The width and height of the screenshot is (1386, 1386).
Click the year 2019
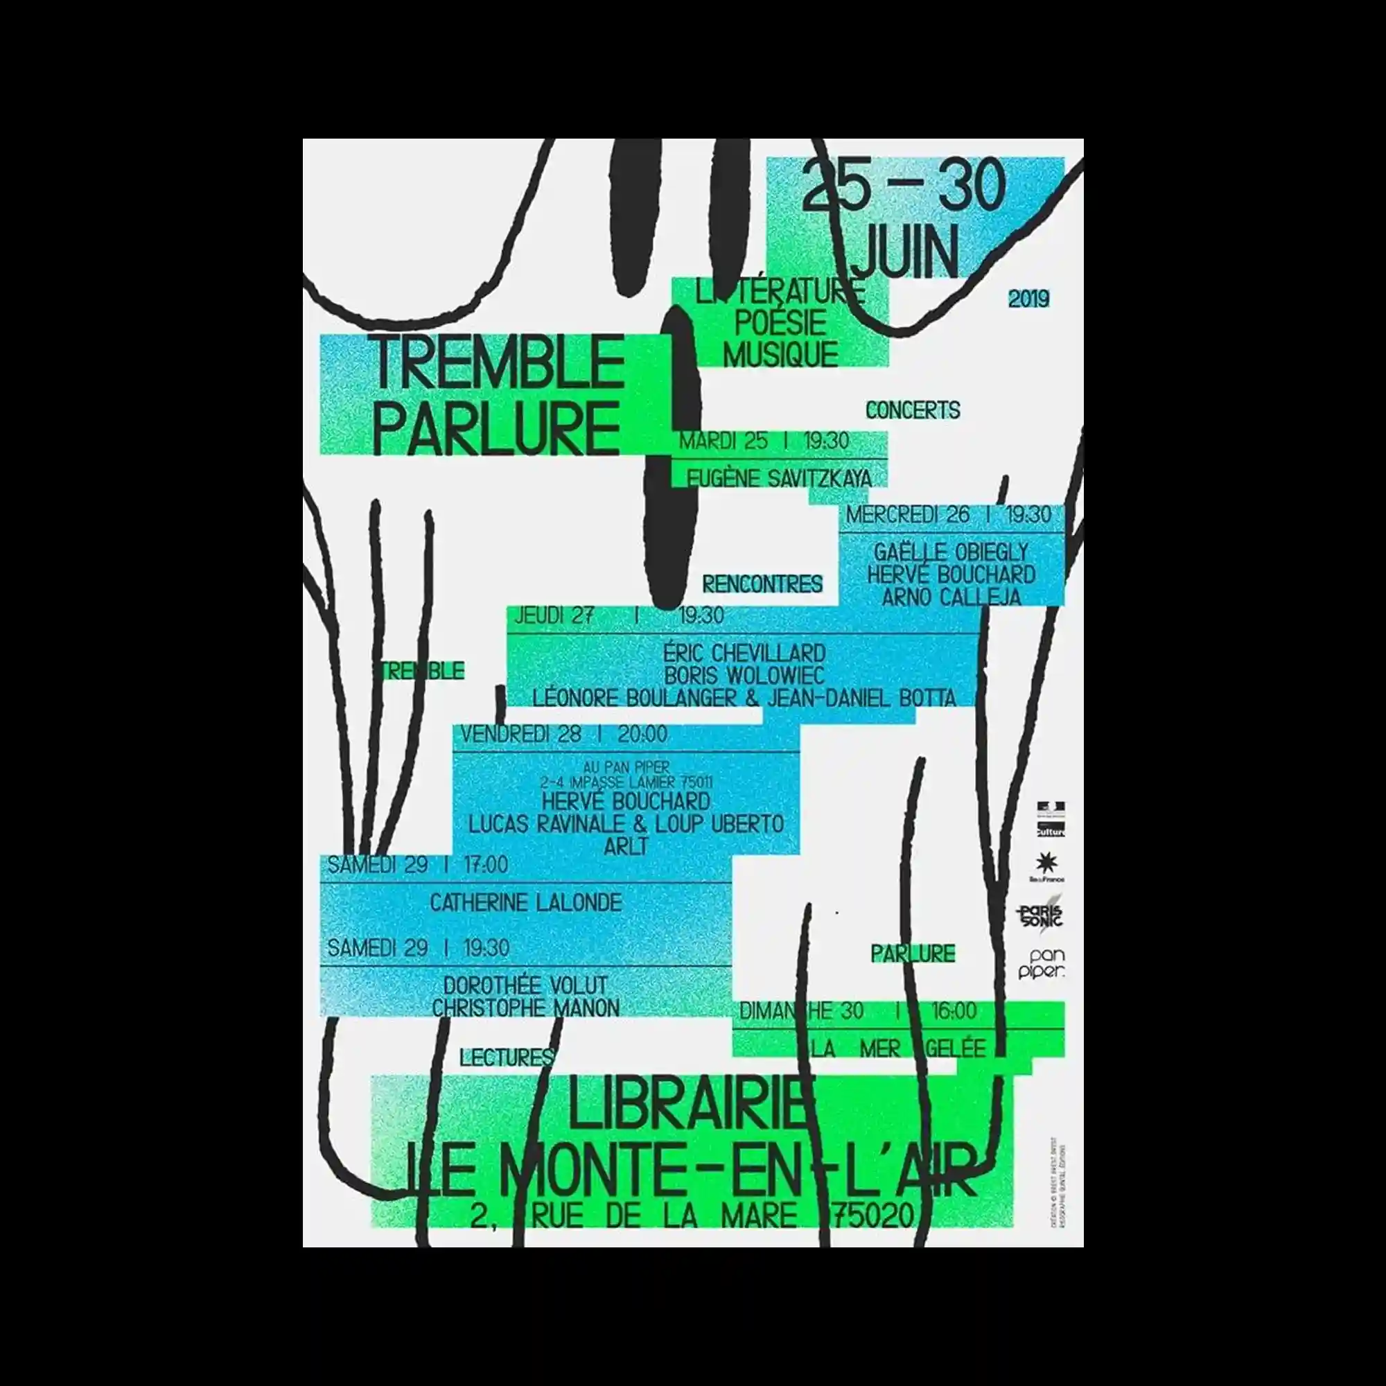tap(1028, 299)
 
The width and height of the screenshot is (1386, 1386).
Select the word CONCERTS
tap(912, 410)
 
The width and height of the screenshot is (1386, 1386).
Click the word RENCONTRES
tap(762, 585)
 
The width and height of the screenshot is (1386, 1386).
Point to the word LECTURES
tap(507, 1057)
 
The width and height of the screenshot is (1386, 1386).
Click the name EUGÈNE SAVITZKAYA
tap(779, 478)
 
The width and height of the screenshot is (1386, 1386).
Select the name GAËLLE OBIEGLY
tap(951, 552)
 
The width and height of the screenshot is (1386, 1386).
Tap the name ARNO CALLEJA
tap(951, 597)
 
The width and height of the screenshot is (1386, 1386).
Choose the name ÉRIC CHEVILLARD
tap(744, 653)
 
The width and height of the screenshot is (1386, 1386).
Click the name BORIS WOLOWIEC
tap(744, 676)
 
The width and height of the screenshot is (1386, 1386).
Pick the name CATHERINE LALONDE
tap(526, 902)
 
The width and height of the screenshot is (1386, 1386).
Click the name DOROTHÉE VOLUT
tap(526, 985)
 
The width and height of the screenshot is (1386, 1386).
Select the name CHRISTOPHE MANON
tap(526, 1008)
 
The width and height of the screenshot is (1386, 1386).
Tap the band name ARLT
tap(626, 847)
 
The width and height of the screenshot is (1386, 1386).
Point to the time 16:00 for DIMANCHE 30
tap(954, 1012)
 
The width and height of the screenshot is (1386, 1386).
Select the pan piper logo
tap(1042, 964)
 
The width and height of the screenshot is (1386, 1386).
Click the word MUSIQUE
tap(780, 354)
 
